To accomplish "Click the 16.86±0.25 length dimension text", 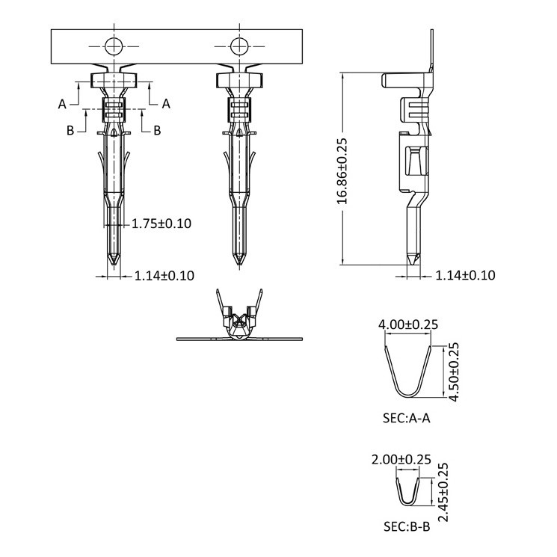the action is pyautogui.click(x=342, y=171).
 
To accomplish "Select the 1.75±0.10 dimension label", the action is pyautogui.click(x=161, y=224).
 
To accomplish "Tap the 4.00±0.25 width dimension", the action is pyautogui.click(x=408, y=324).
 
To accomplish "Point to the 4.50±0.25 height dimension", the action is pyautogui.click(x=454, y=372).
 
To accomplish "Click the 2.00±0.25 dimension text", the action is pyautogui.click(x=401, y=459).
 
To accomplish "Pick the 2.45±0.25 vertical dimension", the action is pyautogui.click(x=443, y=492).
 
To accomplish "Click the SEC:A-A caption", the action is pyautogui.click(x=407, y=418).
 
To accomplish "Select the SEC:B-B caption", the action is pyautogui.click(x=407, y=526).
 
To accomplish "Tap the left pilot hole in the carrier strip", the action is pyautogui.click(x=114, y=46).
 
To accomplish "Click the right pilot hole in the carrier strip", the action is pyautogui.click(x=239, y=46).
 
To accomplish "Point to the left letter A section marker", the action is pyautogui.click(x=62, y=104).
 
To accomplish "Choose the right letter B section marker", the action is pyautogui.click(x=157, y=131).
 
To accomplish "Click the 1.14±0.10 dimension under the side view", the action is pyautogui.click(x=465, y=275).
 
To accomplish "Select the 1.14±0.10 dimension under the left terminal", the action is pyautogui.click(x=164, y=276).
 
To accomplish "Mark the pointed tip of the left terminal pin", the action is pyautogui.click(x=114, y=265).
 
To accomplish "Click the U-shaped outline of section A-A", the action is pyautogui.click(x=408, y=396).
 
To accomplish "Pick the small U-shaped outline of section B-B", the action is pyautogui.click(x=407, y=504).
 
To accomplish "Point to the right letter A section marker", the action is pyautogui.click(x=166, y=104).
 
